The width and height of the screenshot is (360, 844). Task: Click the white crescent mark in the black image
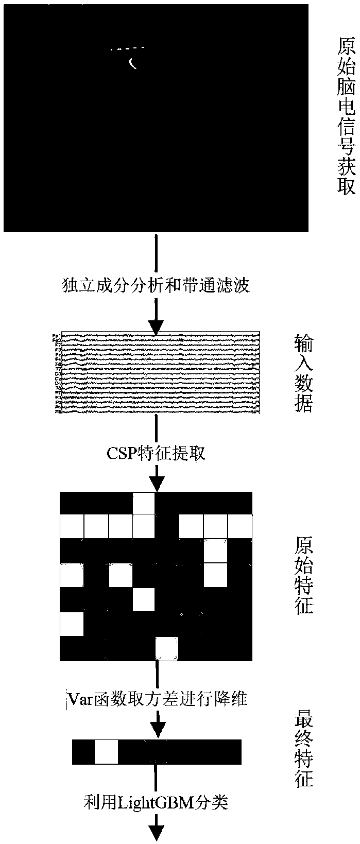pyautogui.click(x=132, y=63)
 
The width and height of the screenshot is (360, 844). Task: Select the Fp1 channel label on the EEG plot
pyautogui.click(x=56, y=336)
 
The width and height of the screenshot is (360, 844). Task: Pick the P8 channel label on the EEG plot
pyautogui.click(x=57, y=412)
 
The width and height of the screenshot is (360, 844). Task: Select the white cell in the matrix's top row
pyautogui.click(x=144, y=503)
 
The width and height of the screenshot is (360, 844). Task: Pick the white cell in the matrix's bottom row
pyautogui.click(x=167, y=649)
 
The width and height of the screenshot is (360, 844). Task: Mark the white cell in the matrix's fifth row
pyautogui.click(x=144, y=599)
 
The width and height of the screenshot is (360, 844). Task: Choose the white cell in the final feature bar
pyautogui.click(x=107, y=752)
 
